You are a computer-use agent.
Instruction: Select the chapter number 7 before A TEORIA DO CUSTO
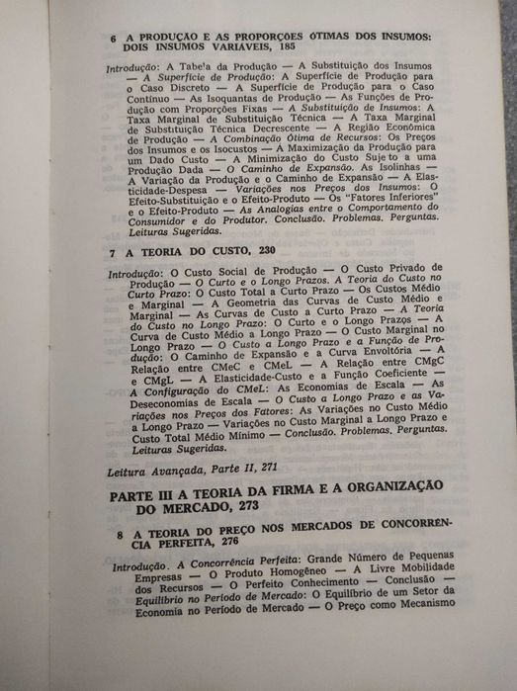coord(114,252)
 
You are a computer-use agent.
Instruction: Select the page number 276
coord(219,546)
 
